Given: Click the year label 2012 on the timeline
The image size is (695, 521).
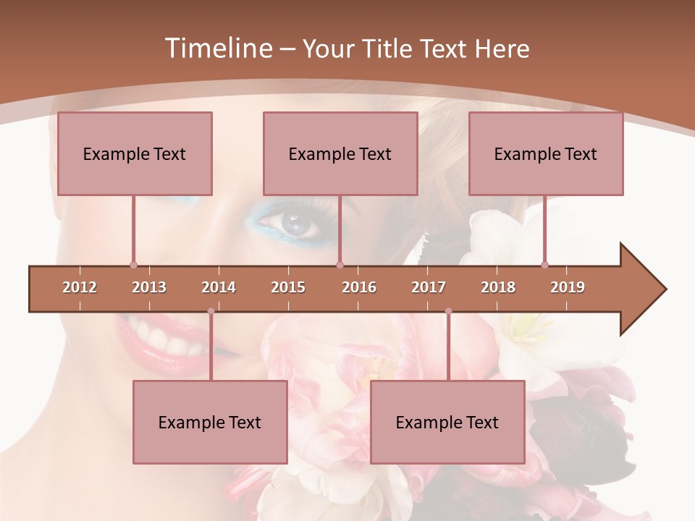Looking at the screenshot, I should tap(80, 287).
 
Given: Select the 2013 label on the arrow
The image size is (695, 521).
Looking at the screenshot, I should tap(149, 287).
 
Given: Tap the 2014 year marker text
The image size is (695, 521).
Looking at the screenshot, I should tap(219, 287).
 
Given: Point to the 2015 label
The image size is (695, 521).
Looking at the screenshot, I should tap(288, 287).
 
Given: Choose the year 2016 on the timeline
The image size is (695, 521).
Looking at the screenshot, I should tap(359, 287).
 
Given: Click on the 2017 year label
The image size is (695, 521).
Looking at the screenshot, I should tap(429, 287).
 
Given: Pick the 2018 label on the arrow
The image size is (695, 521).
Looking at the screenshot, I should tap(498, 287).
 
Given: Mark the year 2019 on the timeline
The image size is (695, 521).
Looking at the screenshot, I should tap(568, 287).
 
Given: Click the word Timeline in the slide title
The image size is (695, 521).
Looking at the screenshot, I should tap(217, 48).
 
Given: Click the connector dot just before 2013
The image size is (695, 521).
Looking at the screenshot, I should tap(133, 266).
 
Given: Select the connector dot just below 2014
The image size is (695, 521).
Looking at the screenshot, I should tap(211, 311).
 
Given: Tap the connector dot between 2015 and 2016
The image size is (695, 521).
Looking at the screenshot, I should tap(340, 266).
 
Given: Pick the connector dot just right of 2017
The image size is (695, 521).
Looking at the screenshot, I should tap(448, 311).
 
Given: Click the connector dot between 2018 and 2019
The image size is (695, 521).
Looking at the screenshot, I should tap(544, 266).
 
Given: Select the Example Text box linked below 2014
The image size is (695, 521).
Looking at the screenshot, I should tap(210, 422).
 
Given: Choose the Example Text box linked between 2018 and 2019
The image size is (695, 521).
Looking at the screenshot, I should tap(546, 153).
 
